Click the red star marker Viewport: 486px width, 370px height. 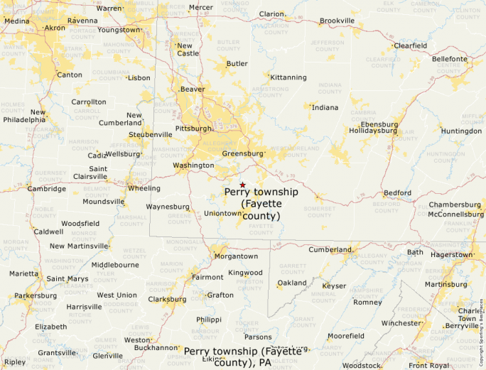click(242, 185)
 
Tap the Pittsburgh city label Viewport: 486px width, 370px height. click(193, 129)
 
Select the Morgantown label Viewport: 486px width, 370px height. click(236, 256)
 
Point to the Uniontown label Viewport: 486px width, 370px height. click(222, 213)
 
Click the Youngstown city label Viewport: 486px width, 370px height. click(119, 30)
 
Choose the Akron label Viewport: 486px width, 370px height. click(54, 28)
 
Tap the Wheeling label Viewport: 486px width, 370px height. click(144, 188)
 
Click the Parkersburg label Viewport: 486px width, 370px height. click(35, 295)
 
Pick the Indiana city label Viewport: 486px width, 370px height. click(325, 108)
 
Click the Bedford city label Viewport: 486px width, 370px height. click(397, 193)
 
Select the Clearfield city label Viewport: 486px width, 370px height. click(411, 45)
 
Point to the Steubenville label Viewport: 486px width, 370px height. click(150, 134)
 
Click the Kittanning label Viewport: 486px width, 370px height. click(288, 77)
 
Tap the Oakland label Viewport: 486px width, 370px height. click(291, 283)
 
